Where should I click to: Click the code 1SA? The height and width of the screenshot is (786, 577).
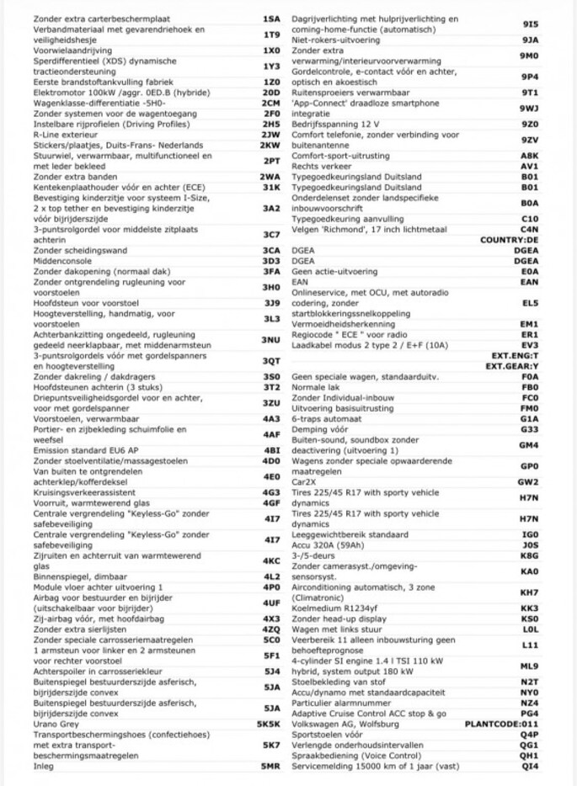[x=271, y=18]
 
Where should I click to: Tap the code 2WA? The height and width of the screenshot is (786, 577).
[x=270, y=178]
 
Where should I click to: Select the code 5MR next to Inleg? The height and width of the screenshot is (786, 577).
[x=270, y=766]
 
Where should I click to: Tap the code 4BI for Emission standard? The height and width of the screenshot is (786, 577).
[x=271, y=449]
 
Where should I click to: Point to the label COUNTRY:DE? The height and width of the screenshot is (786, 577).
[x=509, y=240]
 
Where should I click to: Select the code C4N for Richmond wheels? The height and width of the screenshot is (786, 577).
[x=529, y=229]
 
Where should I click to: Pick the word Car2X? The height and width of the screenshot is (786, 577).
[x=304, y=481]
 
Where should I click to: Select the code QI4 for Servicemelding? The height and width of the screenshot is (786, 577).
[x=530, y=766]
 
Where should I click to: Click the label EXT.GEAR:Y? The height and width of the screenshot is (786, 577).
[x=512, y=366]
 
